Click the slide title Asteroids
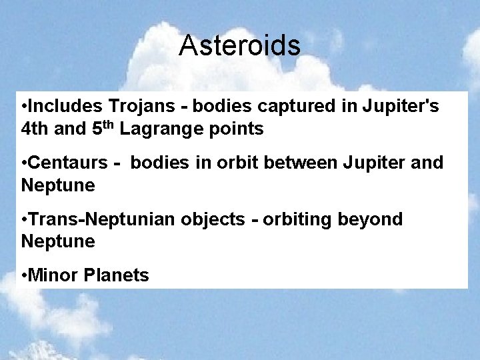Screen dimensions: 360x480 [x=239, y=46]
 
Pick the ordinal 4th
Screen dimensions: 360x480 [x=34, y=129]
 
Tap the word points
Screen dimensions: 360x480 [x=237, y=129]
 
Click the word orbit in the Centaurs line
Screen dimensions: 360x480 [x=244, y=163]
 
